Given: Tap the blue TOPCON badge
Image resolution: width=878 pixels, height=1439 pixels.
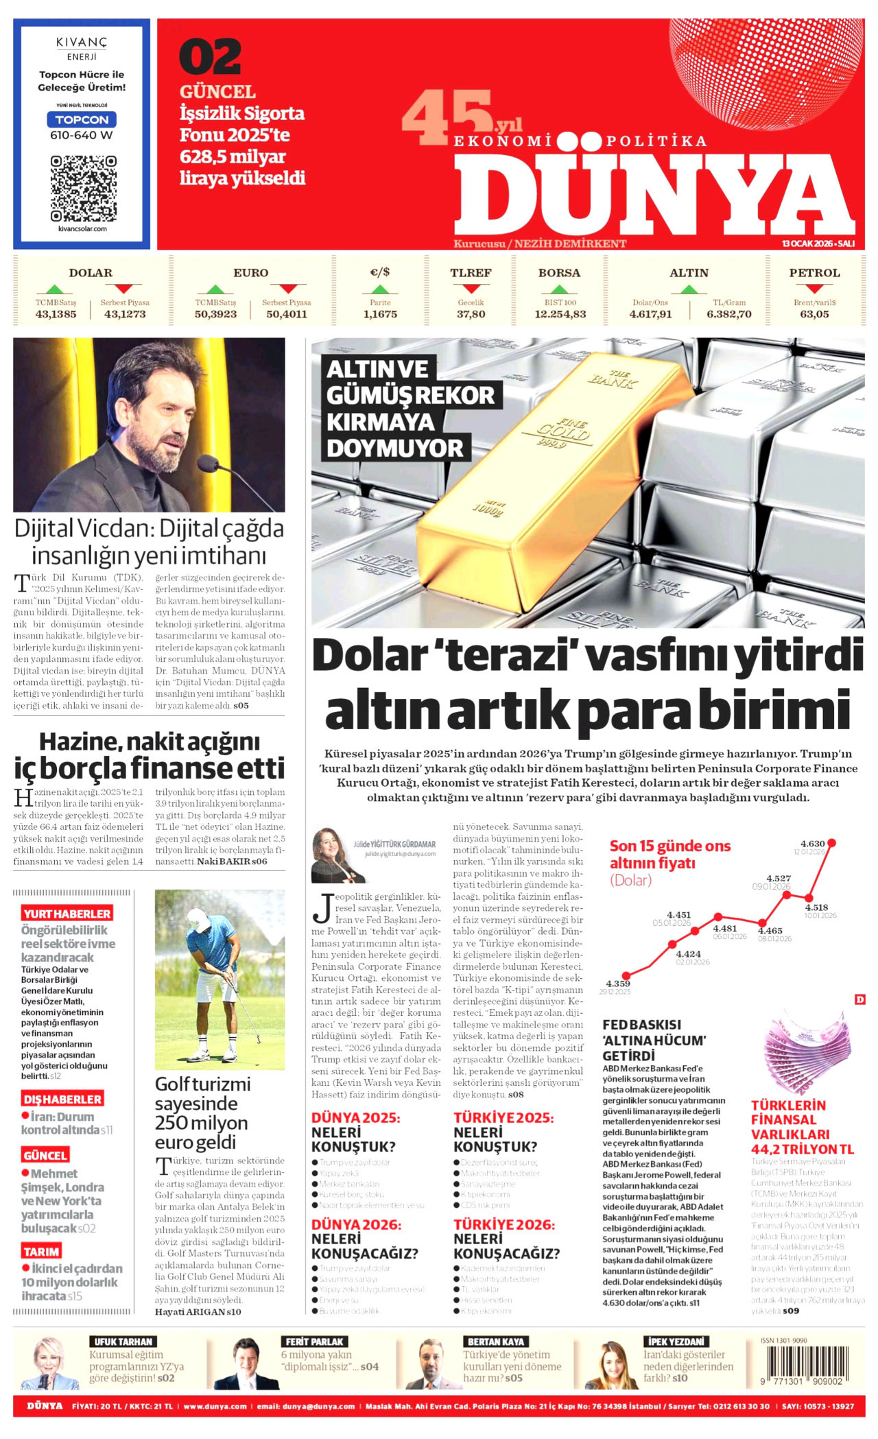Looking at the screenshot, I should pyautogui.click(x=82, y=119).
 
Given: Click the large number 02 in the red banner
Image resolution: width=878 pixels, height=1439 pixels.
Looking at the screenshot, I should pyautogui.click(x=211, y=58).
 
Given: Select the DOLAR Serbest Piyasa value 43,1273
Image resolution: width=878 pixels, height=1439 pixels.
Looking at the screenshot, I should pyautogui.click(x=125, y=314).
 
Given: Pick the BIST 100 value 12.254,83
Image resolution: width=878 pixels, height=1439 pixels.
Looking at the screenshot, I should pyautogui.click(x=560, y=314).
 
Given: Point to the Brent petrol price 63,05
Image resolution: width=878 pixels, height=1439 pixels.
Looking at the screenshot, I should pyautogui.click(x=814, y=314).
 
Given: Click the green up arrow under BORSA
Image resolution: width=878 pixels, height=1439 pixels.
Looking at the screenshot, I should pyautogui.click(x=560, y=289).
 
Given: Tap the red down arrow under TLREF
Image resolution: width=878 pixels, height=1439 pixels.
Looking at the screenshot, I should pyautogui.click(x=471, y=289).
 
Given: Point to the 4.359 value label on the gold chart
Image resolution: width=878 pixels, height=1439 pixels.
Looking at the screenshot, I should pyautogui.click(x=618, y=984).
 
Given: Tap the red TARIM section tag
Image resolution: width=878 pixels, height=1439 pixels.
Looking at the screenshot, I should pyautogui.click(x=41, y=1251).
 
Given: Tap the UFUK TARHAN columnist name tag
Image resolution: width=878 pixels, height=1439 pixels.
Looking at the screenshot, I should pyautogui.click(x=123, y=1342).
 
